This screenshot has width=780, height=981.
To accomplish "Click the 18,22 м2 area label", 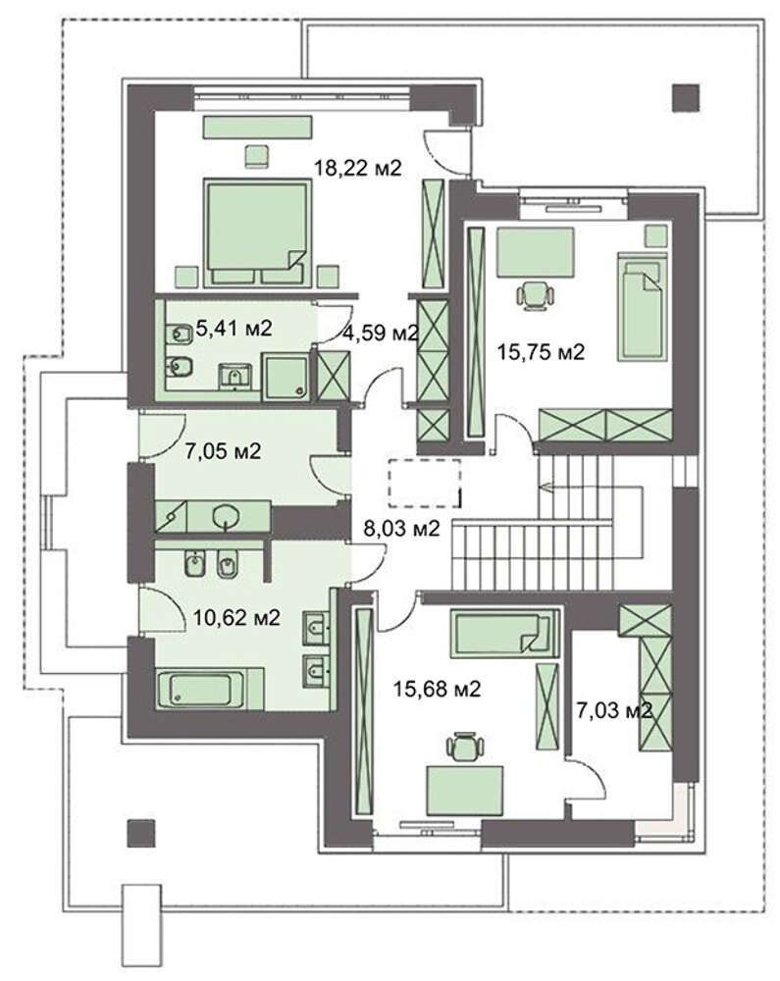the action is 357,168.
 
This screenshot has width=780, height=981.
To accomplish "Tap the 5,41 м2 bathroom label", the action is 234,328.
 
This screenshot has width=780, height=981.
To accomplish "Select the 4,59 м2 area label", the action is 380,333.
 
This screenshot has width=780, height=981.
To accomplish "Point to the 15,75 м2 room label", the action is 541,351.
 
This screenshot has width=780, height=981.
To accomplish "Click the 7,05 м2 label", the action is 223,450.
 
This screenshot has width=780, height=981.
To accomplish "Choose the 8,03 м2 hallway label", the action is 401,529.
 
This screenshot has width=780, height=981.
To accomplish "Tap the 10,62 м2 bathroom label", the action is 236,618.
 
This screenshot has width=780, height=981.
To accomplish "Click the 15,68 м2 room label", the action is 437,690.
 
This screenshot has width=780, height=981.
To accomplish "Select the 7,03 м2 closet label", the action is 614,710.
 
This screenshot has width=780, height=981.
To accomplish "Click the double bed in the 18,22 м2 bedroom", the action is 257,232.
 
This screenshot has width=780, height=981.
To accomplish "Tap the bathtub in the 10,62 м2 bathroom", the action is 201,690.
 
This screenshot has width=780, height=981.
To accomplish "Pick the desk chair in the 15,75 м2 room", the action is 536,294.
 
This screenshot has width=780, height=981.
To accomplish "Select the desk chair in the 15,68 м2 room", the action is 465,747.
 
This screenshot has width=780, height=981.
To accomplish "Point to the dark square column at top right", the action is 686,97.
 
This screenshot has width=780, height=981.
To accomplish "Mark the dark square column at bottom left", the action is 140,833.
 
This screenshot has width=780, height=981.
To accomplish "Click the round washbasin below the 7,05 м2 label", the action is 226,517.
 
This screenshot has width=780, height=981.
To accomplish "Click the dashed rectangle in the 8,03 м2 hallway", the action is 425,483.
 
